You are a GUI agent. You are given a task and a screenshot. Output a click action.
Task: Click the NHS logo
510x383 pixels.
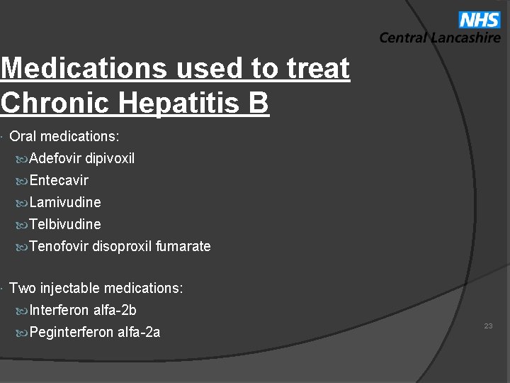479,20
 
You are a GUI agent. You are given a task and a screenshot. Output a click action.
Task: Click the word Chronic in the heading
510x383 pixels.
55,103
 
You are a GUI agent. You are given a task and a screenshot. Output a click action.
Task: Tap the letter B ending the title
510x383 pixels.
258,103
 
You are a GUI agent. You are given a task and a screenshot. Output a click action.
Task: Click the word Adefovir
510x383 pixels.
55,158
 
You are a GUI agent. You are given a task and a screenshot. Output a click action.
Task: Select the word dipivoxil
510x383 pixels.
110,158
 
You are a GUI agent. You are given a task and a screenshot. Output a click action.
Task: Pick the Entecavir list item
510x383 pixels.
59,180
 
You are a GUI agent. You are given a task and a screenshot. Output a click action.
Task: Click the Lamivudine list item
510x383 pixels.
65,202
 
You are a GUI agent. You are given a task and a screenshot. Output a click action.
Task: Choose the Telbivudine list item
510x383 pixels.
65,224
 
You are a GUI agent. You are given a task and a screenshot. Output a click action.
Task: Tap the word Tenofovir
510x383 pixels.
59,246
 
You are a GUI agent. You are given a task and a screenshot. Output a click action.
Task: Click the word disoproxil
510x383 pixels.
122,246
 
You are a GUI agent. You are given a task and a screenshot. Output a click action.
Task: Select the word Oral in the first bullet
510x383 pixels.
23,136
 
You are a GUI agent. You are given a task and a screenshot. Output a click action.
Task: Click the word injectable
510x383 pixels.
70,288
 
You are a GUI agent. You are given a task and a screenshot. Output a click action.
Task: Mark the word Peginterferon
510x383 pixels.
72,332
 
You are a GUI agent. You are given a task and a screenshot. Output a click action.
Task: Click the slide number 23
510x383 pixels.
488,326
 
